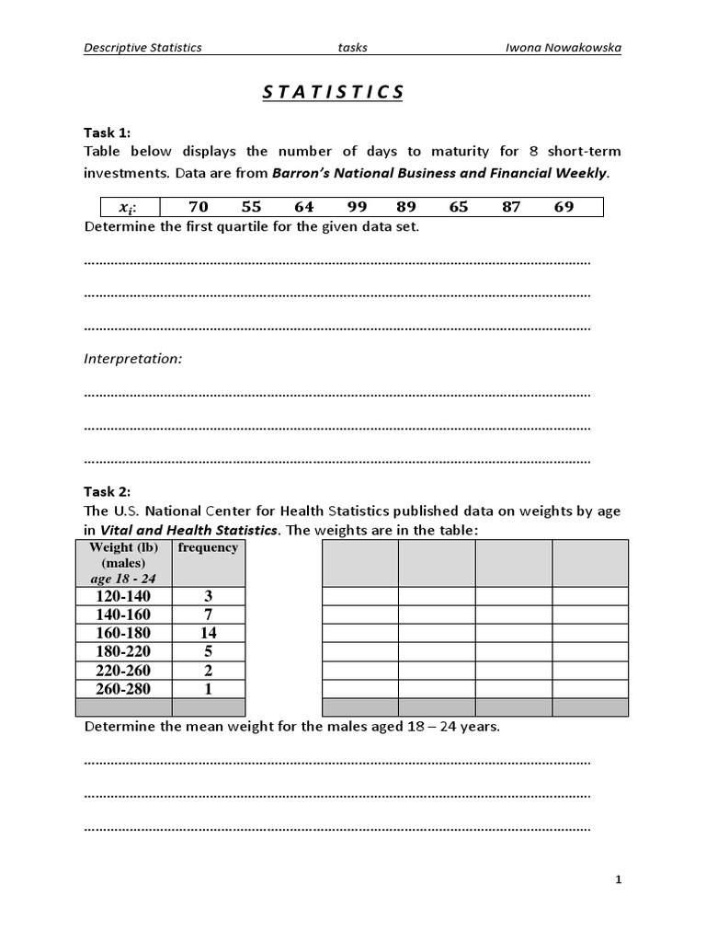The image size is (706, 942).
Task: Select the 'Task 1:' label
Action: [x=108, y=132]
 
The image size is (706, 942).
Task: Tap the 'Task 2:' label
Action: [x=108, y=491]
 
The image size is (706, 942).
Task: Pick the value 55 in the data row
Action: [x=251, y=207]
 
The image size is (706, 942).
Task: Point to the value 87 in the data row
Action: [x=511, y=207]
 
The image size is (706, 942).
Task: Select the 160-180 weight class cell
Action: [x=123, y=633]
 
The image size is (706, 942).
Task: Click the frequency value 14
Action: [x=208, y=633]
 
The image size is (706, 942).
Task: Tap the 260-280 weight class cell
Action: [x=123, y=689]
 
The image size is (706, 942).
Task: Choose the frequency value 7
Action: [x=208, y=614]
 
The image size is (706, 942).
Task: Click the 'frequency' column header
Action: [x=208, y=548]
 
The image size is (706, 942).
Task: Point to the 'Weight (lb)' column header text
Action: [x=123, y=548]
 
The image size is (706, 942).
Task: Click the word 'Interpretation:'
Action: [x=133, y=359]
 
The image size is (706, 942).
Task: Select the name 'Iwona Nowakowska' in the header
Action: [x=570, y=47]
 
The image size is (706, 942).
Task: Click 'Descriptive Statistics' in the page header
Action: [x=142, y=47]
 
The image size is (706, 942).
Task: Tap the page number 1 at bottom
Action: [x=619, y=880]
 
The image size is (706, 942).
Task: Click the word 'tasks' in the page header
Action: [x=352, y=47]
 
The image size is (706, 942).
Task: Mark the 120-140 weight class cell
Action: [x=123, y=595]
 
